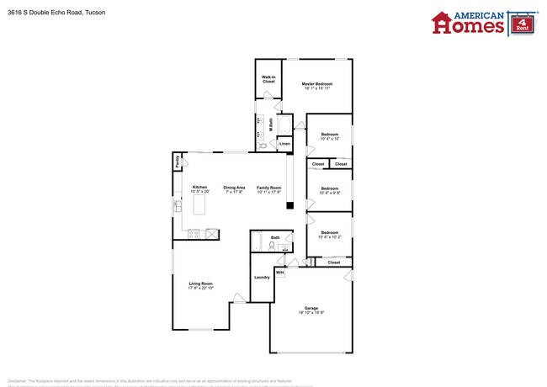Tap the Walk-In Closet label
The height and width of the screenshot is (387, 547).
(268, 80)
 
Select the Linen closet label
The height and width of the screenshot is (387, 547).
(284, 144)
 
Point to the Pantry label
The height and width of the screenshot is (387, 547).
(178, 162)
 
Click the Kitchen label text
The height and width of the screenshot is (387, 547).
(199, 188)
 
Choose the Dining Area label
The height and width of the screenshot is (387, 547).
(234, 188)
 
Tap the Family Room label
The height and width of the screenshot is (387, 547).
(268, 188)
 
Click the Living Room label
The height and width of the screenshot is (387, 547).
(200, 284)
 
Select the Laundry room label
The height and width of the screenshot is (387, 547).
(261, 277)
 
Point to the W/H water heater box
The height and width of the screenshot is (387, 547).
(279, 272)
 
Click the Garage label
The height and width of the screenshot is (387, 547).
(311, 308)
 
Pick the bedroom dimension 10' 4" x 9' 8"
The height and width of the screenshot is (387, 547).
(329, 193)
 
